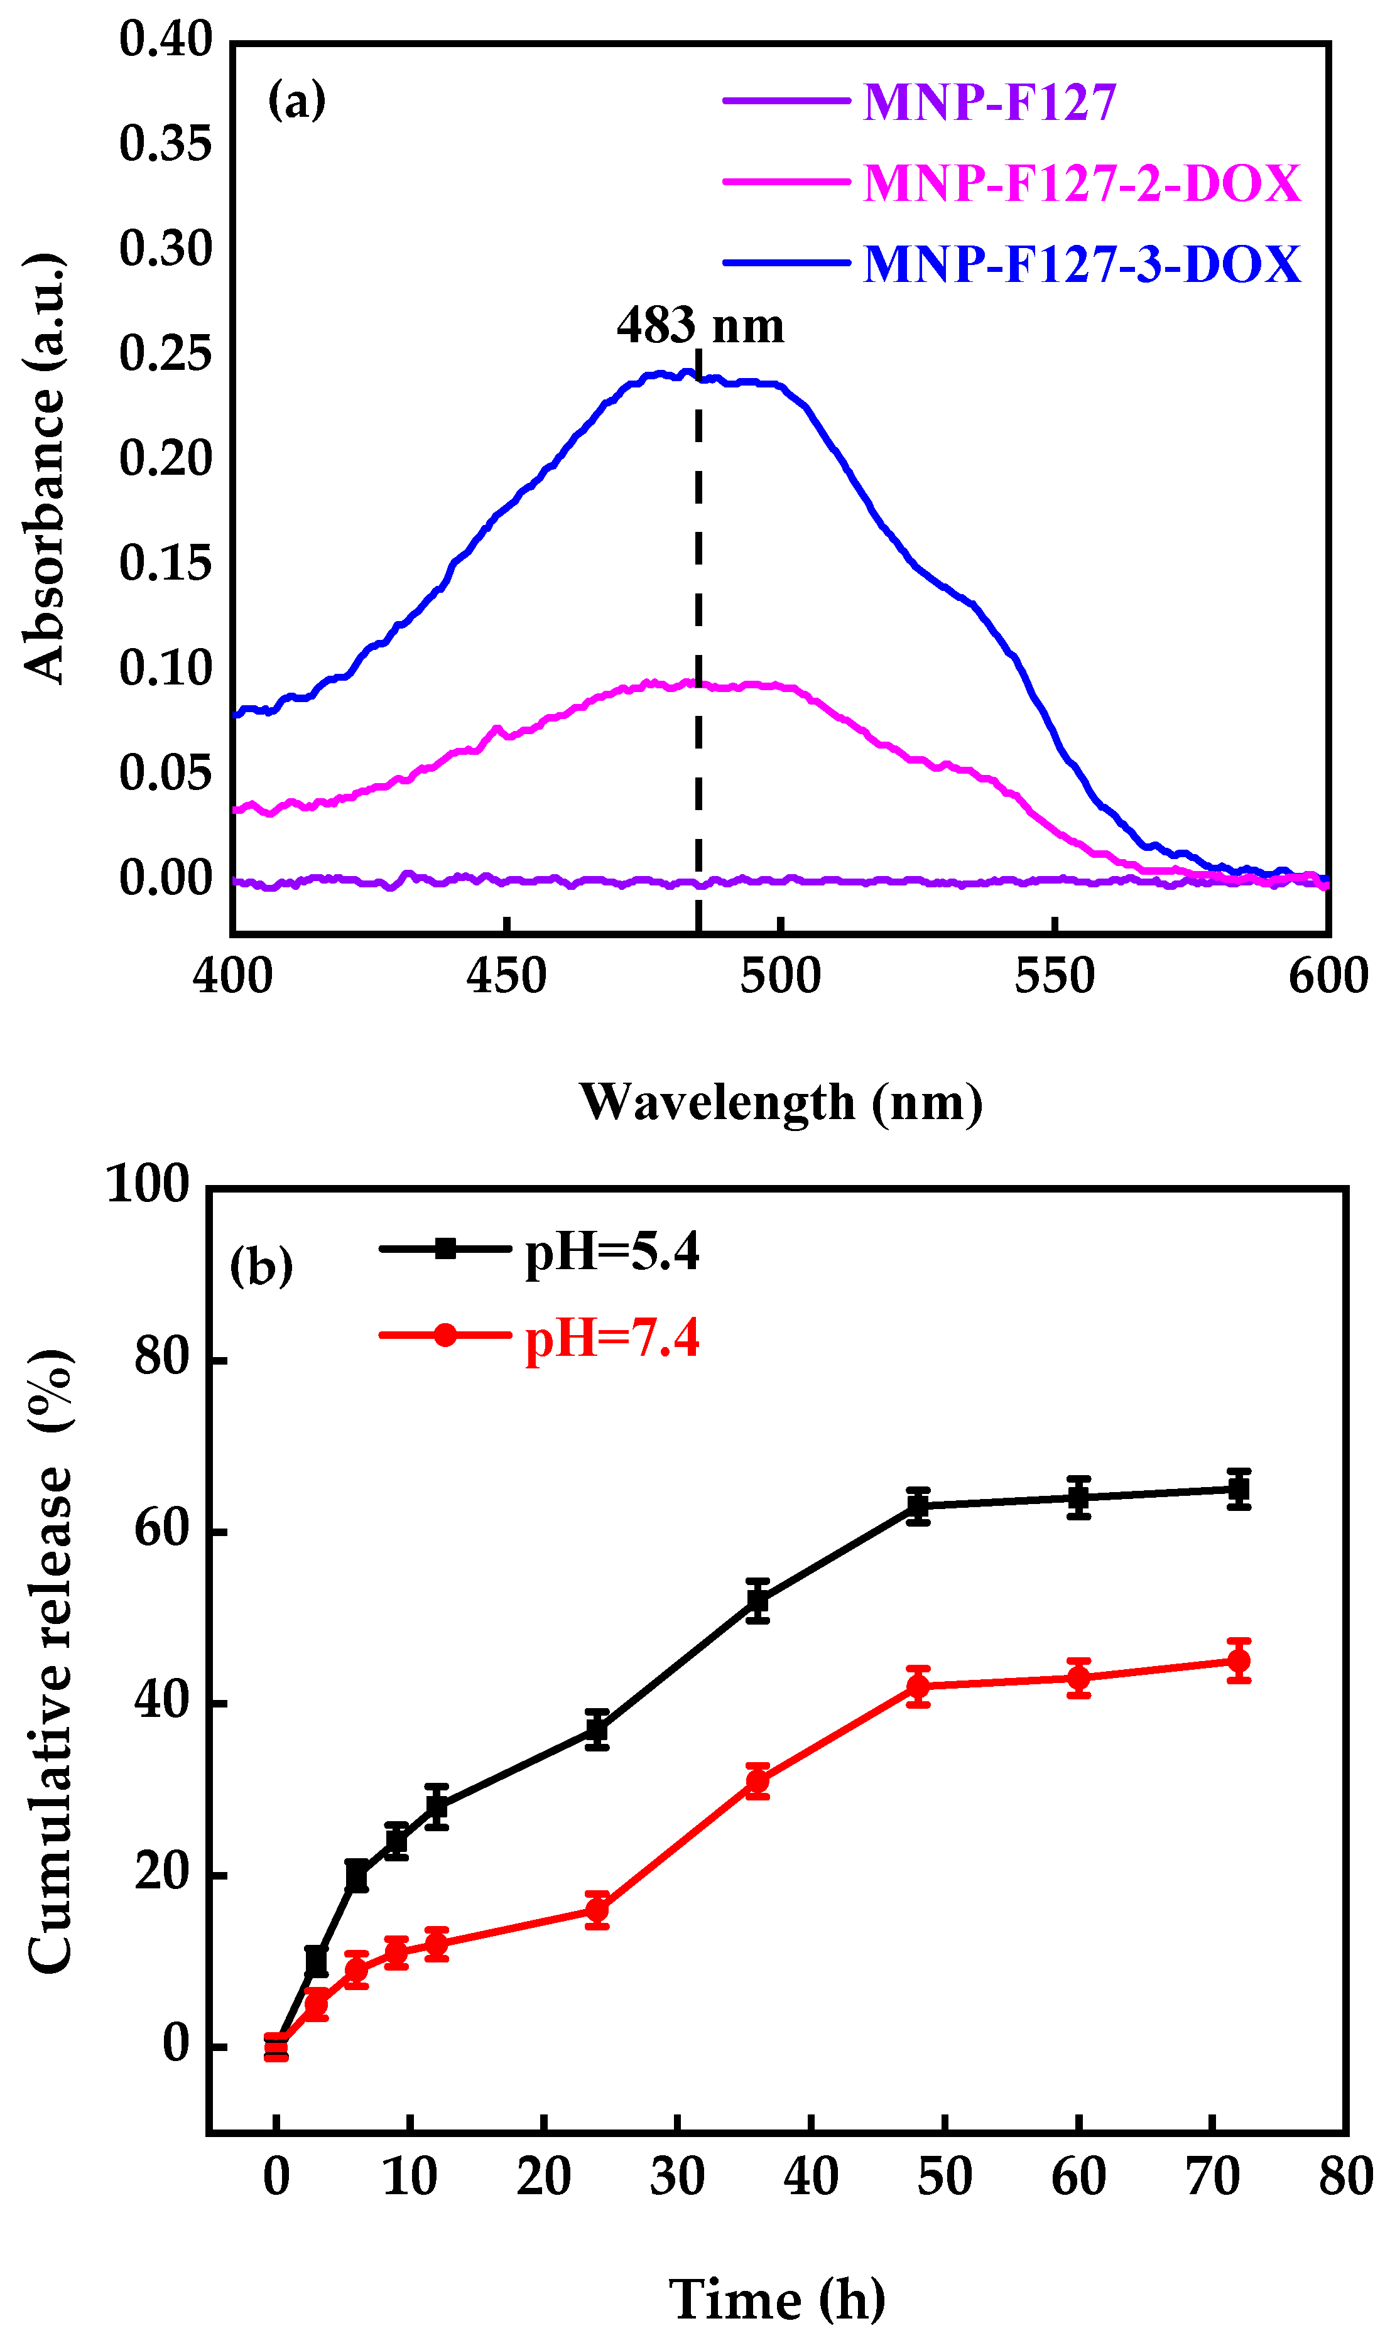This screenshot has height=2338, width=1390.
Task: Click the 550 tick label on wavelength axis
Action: point(1054,977)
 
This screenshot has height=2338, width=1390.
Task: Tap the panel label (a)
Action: point(296,99)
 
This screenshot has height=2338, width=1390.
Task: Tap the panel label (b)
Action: point(261,1267)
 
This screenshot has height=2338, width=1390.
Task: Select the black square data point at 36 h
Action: point(757,1601)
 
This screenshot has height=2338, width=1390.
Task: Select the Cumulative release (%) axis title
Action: point(49,1662)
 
